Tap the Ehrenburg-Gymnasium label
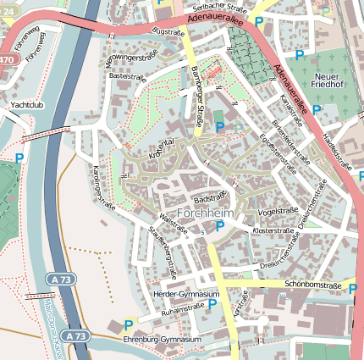(169, 340)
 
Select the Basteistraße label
(127, 75)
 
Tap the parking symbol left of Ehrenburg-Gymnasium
(129, 324)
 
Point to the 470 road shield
(7, 60)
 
